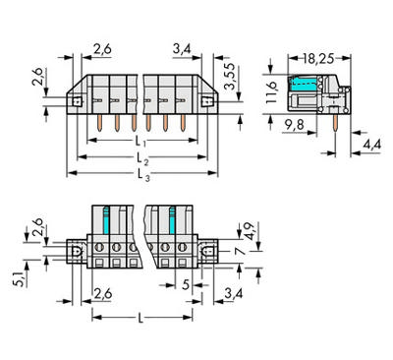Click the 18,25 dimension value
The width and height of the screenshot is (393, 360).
tap(318, 59)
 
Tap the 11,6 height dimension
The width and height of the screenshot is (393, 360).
tap(271, 92)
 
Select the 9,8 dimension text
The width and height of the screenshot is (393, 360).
tap(294, 125)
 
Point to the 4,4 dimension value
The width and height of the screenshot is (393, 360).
tap(371, 144)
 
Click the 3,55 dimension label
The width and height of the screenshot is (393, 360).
tap(230, 76)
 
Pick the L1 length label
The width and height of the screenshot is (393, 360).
tap(140, 142)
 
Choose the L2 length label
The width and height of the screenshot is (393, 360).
tap(142, 158)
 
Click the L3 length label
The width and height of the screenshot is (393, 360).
tap(143, 175)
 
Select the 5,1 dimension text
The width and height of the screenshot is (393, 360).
tap(19, 279)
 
